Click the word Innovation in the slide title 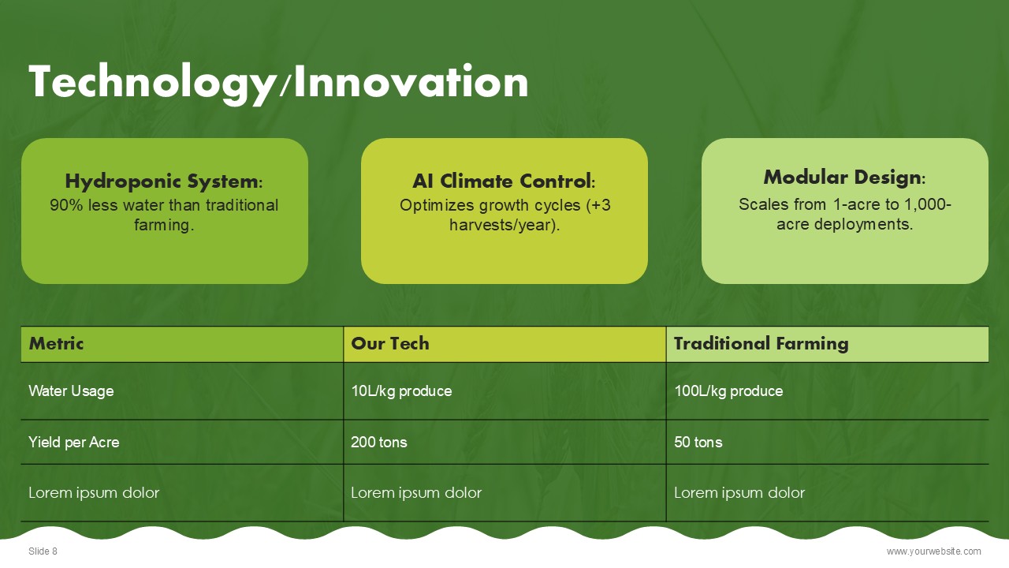pos(411,81)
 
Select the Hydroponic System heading pos(164,181)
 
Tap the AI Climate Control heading pos(504,181)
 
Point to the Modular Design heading pos(844,177)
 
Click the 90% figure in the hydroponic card pos(66,205)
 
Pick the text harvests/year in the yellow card pos(502,225)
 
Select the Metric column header pos(56,343)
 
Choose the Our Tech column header pos(390,343)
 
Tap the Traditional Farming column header pos(761,343)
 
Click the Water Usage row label pos(71,390)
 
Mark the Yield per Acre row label pos(74,443)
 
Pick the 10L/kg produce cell pos(401,390)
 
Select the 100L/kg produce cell pos(728,390)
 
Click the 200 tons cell pos(379,443)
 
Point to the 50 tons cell pos(698,443)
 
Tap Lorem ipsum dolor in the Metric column pos(94,493)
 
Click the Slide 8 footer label pos(43,551)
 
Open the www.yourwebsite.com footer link pos(934,551)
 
